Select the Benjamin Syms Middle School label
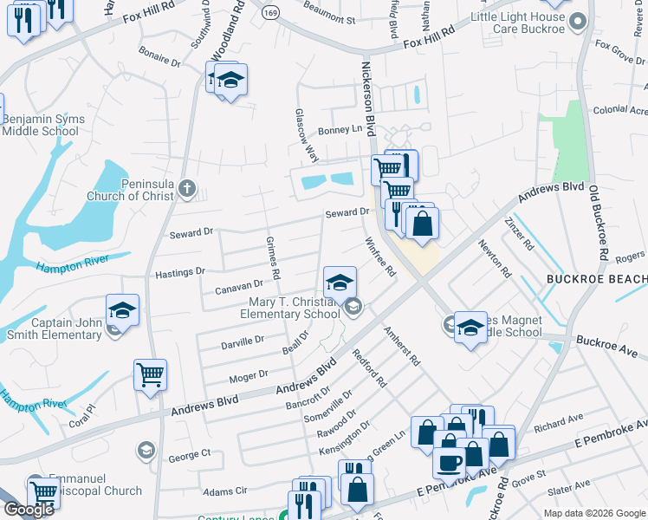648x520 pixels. click(x=40, y=125)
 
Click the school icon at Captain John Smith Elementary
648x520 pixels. click(x=122, y=310)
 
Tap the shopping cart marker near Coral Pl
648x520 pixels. click(x=150, y=376)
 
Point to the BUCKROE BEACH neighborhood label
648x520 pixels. click(x=596, y=279)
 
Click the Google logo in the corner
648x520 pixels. click(x=29, y=510)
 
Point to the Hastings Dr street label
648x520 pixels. click(x=179, y=272)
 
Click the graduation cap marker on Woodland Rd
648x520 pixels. click(x=230, y=81)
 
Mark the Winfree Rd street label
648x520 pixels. click(x=380, y=257)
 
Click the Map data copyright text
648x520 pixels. click(x=595, y=513)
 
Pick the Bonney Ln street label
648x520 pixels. click(x=340, y=130)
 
